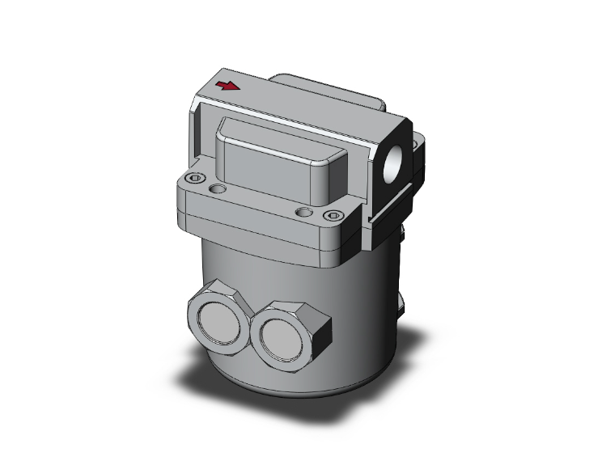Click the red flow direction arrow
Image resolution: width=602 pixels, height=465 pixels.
point(230,86)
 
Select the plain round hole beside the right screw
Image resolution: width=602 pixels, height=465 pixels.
point(304,212)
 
